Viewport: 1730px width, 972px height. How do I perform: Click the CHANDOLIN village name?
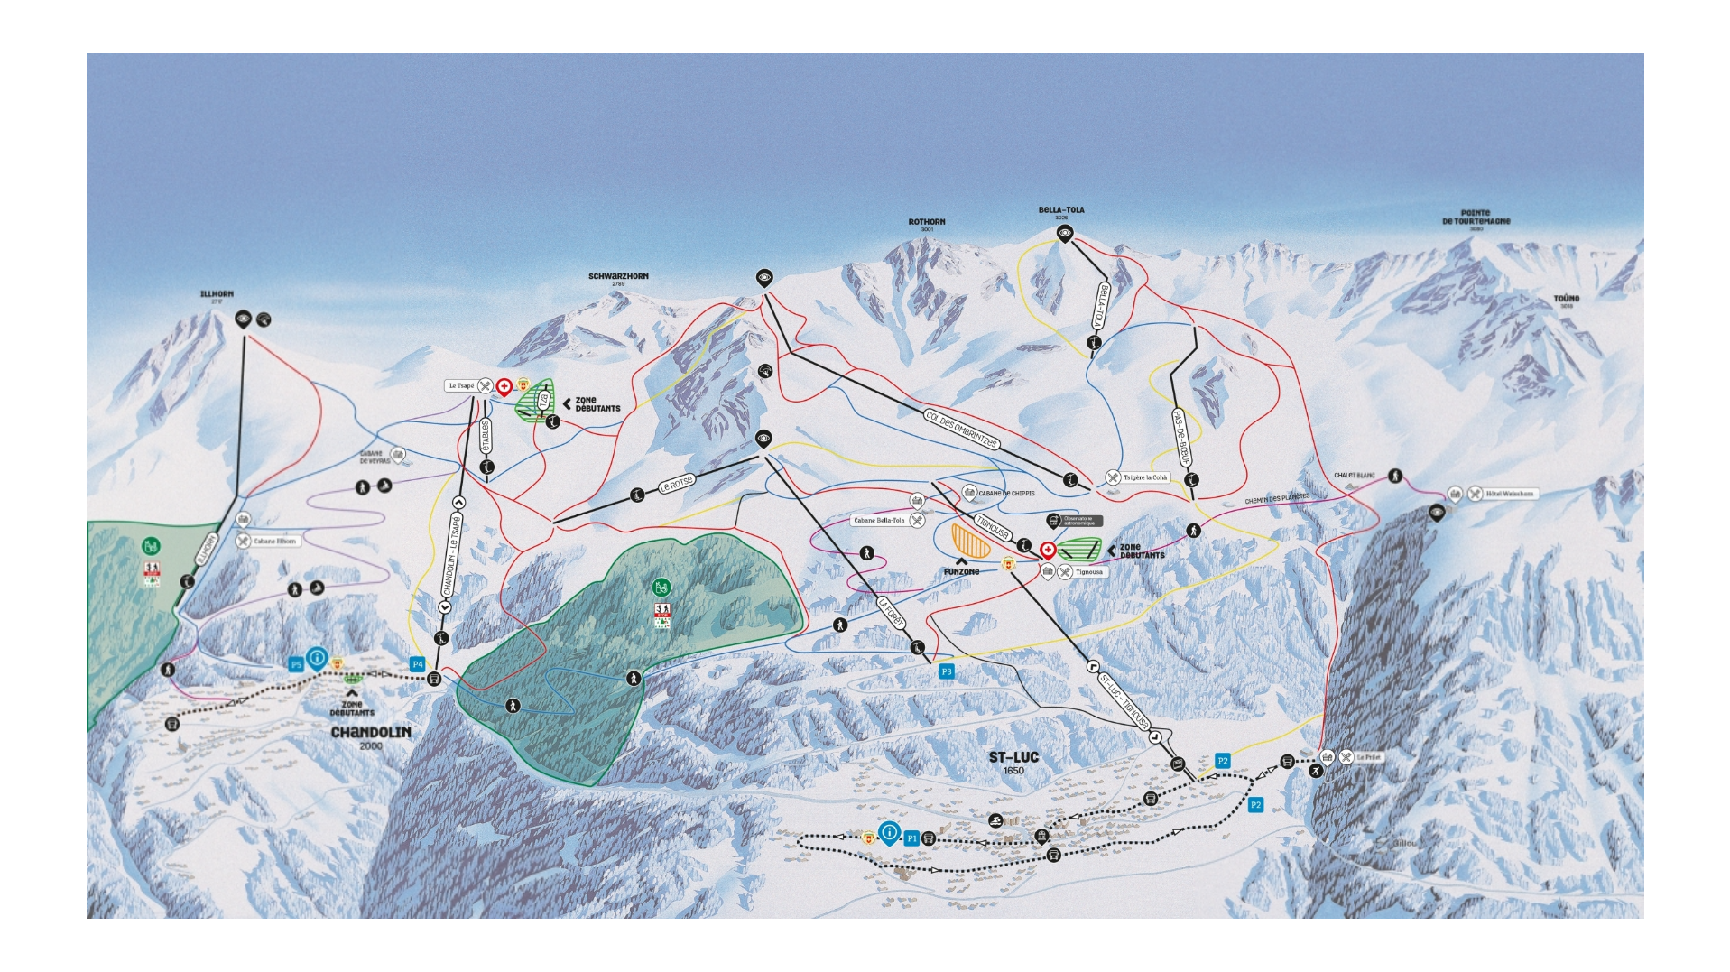(x=370, y=732)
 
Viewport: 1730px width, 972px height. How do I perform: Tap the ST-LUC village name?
(x=1013, y=757)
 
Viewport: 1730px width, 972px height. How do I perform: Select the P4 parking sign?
(x=417, y=664)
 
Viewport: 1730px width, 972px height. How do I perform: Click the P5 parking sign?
(x=296, y=665)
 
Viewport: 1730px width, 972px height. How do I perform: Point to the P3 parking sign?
(x=946, y=671)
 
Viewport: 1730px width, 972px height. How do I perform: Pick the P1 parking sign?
(x=911, y=838)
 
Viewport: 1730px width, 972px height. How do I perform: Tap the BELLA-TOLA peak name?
(x=1061, y=210)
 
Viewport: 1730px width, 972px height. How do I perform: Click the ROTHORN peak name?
(x=927, y=222)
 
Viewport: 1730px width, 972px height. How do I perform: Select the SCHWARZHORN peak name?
(x=618, y=276)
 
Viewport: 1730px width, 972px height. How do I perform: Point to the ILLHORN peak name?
(x=217, y=294)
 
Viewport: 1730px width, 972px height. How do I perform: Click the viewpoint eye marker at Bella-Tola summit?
(x=1065, y=234)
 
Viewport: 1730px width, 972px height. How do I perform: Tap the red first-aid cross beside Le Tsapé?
(x=504, y=387)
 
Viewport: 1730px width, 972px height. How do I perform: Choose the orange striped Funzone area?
(x=971, y=541)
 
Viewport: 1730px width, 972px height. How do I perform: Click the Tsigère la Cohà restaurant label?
(x=1144, y=477)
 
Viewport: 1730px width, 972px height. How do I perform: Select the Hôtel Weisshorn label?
(x=1509, y=494)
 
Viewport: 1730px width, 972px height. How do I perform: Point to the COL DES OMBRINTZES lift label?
(x=961, y=429)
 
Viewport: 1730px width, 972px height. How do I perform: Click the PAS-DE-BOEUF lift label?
(x=1181, y=439)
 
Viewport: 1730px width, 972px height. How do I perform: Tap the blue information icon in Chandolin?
(x=317, y=658)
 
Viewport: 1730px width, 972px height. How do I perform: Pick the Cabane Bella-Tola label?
(x=879, y=521)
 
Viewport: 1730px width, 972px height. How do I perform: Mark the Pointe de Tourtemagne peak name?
(x=1476, y=218)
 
